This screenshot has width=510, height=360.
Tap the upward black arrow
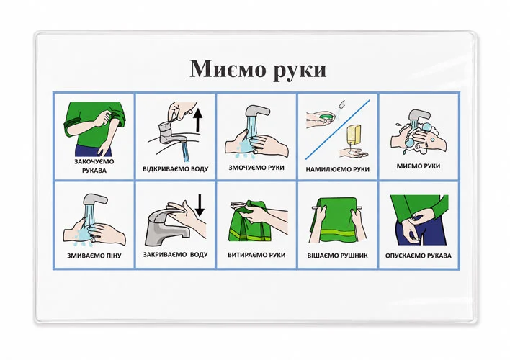tap(198, 120)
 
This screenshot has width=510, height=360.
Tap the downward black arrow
tap(200, 205)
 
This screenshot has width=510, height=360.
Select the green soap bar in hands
tap(326, 117)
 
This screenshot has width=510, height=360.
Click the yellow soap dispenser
tap(353, 136)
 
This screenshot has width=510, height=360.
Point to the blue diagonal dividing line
tap(338, 130)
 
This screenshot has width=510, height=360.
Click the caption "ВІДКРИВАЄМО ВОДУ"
tap(175, 169)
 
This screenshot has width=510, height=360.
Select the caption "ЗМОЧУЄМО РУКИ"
tap(256, 168)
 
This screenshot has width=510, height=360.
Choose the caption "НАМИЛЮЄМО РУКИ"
tap(338, 169)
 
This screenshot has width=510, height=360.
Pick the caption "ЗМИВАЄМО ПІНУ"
tap(94, 256)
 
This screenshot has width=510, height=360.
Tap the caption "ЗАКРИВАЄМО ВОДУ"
tap(175, 255)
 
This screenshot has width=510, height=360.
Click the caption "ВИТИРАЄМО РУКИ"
tap(256, 255)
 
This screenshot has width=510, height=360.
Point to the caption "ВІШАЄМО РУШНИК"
tap(338, 256)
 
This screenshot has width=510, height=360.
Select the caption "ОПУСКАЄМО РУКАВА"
tap(419, 256)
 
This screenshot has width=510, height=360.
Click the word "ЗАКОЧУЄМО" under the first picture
tap(94, 161)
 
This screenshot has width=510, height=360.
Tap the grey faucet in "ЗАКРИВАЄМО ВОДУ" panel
tap(166, 228)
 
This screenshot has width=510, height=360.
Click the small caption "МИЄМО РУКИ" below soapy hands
tap(419, 166)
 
